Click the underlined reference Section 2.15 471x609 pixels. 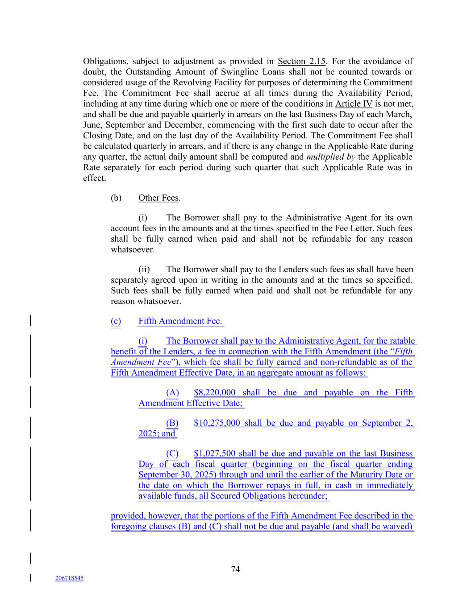coord(301,61)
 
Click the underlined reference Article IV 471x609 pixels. coord(354,104)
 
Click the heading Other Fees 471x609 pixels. coord(158,198)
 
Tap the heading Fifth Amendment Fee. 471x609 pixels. coord(180,321)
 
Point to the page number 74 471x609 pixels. coord(235,569)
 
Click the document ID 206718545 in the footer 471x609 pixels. coord(69,578)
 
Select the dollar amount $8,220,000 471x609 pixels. coord(215,393)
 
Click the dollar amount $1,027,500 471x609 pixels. coord(215,453)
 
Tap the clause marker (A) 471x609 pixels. coord(172,393)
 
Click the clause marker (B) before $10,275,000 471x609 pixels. coord(172,423)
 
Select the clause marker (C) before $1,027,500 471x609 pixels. coord(172,453)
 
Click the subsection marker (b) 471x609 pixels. coord(116,198)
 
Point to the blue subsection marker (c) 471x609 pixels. coord(116,321)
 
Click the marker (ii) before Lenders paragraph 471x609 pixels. coord(144,269)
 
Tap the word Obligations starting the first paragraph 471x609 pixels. coord(104,61)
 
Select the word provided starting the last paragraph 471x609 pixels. coord(128,516)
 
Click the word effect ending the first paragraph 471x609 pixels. coord(94,178)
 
